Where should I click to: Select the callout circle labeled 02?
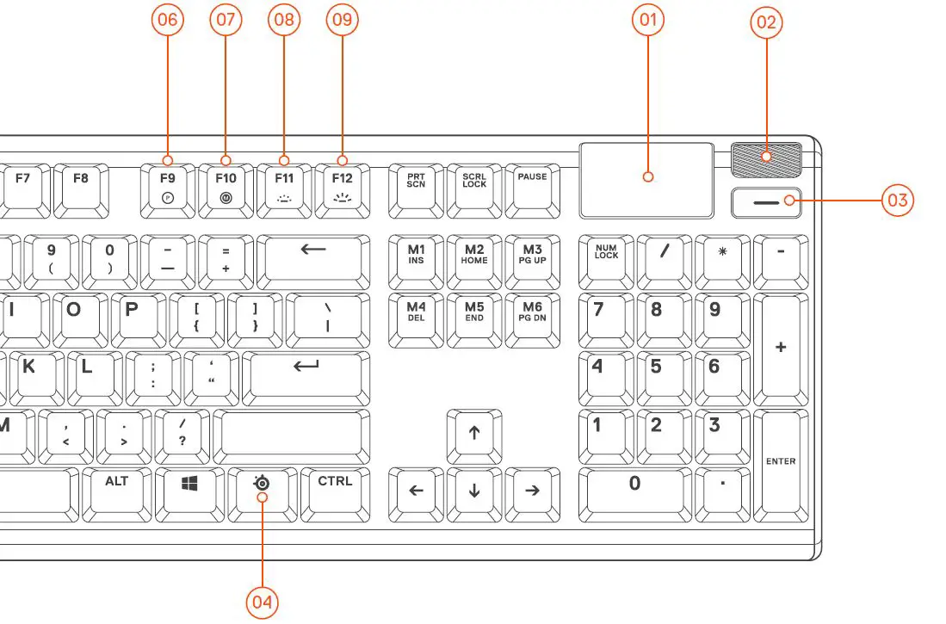pos(765,23)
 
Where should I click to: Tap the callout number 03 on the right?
pos(897,201)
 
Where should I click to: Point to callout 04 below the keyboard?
pos(263,602)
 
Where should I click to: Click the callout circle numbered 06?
pos(168,21)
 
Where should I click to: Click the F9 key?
pos(168,188)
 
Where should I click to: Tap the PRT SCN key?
pos(416,188)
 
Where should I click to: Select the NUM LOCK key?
pos(606,260)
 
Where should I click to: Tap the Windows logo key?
pos(189,492)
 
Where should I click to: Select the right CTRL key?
pos(335,492)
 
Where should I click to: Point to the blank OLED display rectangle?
pos(646,180)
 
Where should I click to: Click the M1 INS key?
pos(416,260)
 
